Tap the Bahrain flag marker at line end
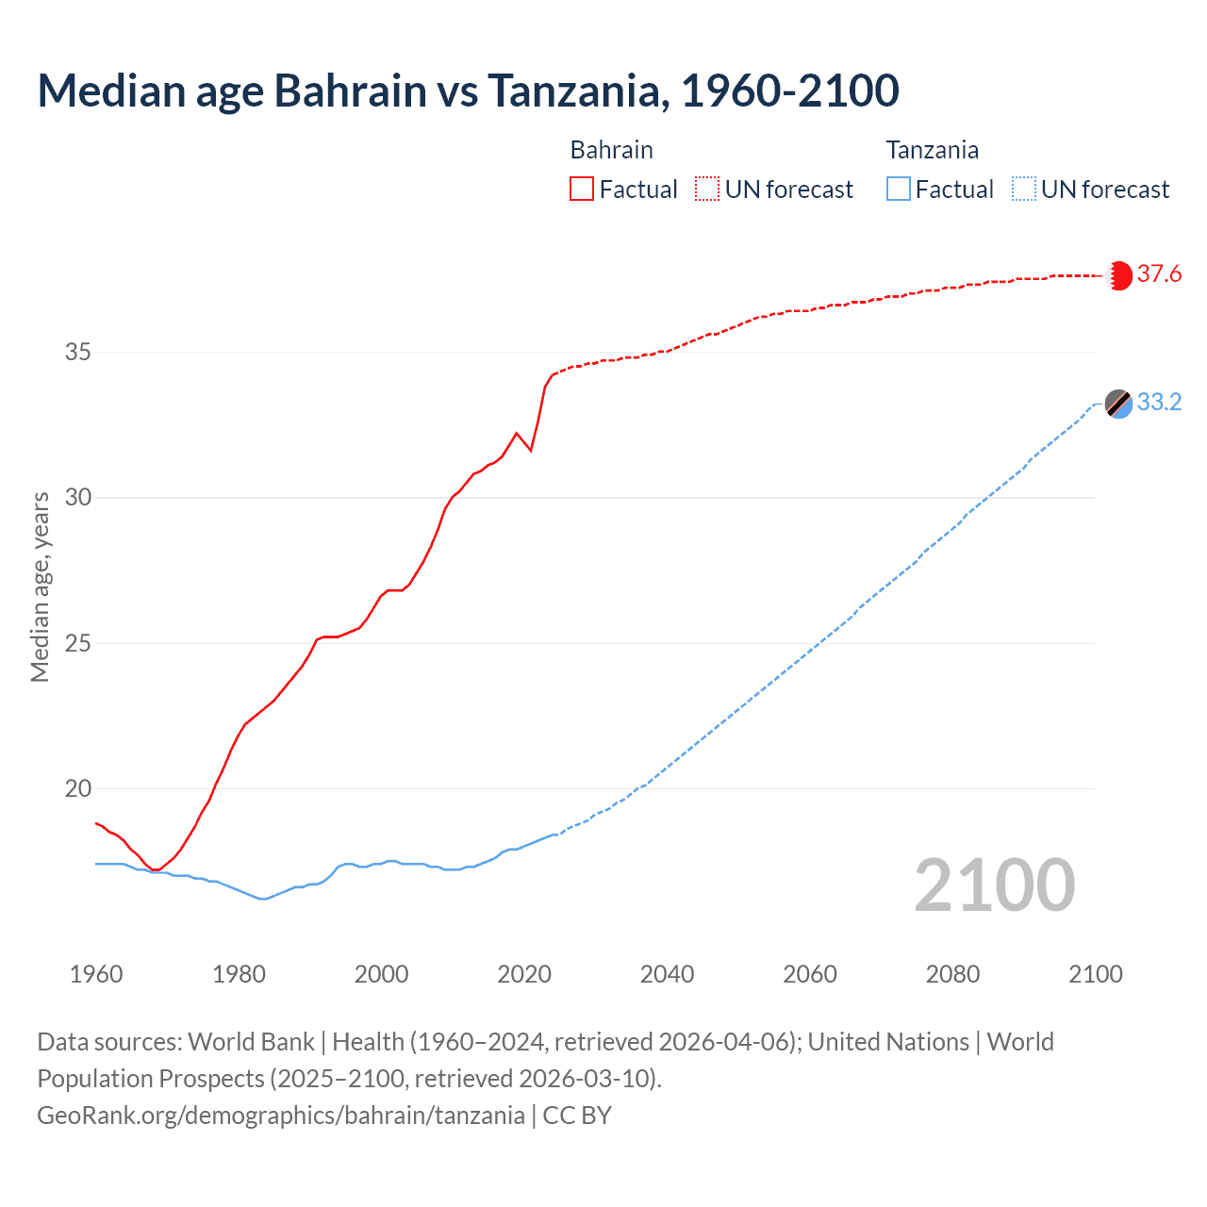coord(1118,275)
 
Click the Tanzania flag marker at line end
coord(1118,404)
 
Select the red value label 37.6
coord(1159,274)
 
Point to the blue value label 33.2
coord(1159,403)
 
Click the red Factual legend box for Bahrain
coord(582,190)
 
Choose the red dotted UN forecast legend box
coord(707,190)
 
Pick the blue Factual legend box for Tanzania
coord(899,190)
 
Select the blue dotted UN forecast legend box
coord(1023,190)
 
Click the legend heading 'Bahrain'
coord(611,150)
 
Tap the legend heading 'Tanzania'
coord(932,150)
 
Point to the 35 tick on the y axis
coord(77,353)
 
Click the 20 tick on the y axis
coord(77,789)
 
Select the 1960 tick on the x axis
coord(96,974)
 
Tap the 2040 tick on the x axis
coord(667,974)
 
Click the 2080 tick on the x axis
coord(952,974)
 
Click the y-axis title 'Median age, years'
coord(40,587)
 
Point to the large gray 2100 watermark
coord(994,885)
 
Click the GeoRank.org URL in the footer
coord(281,1116)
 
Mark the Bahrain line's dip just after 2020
coord(531,451)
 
